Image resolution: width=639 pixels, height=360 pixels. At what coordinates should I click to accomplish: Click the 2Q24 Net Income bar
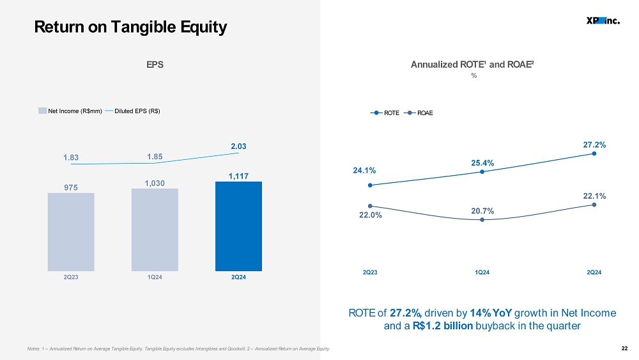(x=238, y=226)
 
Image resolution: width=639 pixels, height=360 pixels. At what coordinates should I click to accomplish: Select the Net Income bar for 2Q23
(x=71, y=232)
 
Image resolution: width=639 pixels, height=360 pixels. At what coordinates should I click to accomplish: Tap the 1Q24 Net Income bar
(x=155, y=230)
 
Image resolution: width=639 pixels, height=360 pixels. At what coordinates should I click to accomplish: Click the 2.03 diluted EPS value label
(x=238, y=146)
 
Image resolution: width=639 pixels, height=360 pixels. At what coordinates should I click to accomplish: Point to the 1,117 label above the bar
(x=238, y=176)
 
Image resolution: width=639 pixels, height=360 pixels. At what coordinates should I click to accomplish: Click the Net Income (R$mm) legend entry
(x=70, y=111)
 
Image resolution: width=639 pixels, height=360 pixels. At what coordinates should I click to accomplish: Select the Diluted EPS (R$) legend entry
(x=132, y=111)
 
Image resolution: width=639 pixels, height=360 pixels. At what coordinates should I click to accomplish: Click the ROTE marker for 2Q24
(x=594, y=153)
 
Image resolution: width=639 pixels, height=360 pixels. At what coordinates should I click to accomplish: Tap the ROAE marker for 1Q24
(x=482, y=220)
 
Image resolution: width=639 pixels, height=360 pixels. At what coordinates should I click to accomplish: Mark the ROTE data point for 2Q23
(x=370, y=185)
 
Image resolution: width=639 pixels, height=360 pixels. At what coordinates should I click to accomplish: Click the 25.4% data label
(x=482, y=163)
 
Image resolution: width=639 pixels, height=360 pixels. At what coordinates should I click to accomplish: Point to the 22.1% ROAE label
(x=594, y=196)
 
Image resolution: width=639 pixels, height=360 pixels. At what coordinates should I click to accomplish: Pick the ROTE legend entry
(x=385, y=113)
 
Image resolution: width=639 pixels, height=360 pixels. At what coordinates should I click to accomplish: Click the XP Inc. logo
(x=603, y=21)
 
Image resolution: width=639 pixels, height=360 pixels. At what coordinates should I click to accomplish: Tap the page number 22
(x=624, y=348)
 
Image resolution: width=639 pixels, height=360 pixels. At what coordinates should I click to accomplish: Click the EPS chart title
(x=155, y=65)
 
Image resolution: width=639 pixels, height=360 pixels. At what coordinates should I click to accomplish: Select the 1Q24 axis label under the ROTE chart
(x=482, y=272)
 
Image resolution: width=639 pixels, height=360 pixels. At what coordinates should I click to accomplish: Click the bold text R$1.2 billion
(x=443, y=325)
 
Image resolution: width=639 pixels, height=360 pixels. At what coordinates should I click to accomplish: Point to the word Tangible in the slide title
(x=144, y=27)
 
